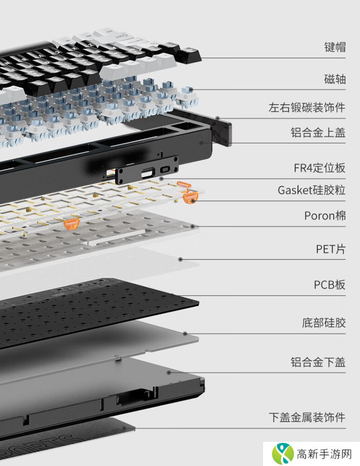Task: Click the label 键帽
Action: pyautogui.click(x=335, y=47)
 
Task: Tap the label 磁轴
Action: pyautogui.click(x=335, y=79)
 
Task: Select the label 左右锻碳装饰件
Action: pyautogui.click(x=307, y=107)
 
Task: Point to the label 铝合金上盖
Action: pyautogui.click(x=318, y=132)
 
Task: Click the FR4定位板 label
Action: pyautogui.click(x=320, y=168)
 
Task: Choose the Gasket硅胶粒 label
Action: pyautogui.click(x=312, y=190)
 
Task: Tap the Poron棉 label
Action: pyautogui.click(x=325, y=216)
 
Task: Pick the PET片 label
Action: pyautogui.click(x=330, y=249)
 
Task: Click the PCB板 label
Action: pyautogui.click(x=329, y=285)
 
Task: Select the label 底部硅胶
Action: pyautogui.click(x=324, y=323)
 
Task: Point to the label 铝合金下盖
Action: pyautogui.click(x=318, y=362)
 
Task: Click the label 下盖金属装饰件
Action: pyautogui.click(x=307, y=417)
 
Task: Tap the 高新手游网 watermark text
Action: pyautogui.click(x=324, y=454)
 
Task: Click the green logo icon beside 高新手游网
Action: pyautogui.click(x=282, y=454)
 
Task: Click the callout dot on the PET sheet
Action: pyautogui.click(x=180, y=260)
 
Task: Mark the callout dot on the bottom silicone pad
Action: pyautogui.click(x=185, y=334)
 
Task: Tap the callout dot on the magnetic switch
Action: pyautogui.click(x=191, y=90)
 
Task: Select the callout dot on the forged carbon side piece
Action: pyautogui.click(x=218, y=118)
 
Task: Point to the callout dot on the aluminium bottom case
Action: pyautogui.click(x=169, y=373)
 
